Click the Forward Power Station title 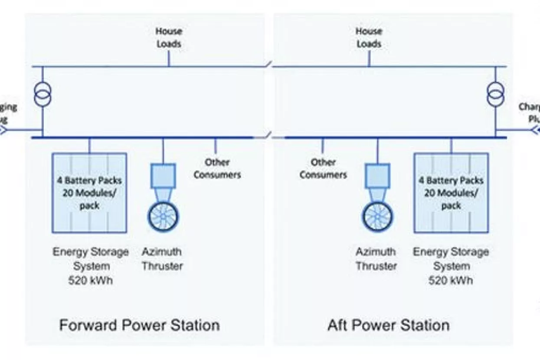[139, 325]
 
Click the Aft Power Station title [388, 325]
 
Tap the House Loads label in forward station [169, 37]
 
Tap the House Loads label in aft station [369, 37]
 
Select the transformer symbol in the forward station [43, 92]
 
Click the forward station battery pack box [89, 192]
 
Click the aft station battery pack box [451, 192]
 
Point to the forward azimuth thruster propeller [163, 215]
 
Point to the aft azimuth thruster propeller [377, 215]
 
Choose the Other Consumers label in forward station [217, 168]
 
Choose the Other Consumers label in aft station [323, 168]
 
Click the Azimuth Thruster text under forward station [162, 259]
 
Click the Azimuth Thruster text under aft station [376, 259]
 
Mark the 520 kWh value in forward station [90, 280]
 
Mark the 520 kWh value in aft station [451, 280]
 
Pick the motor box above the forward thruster [163, 176]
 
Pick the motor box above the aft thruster [377, 176]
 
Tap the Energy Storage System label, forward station [91, 259]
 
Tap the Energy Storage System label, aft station [451, 259]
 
